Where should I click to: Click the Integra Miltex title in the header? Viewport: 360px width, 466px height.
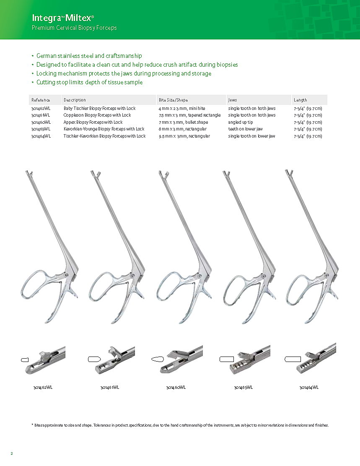pyautogui.click(x=63, y=18)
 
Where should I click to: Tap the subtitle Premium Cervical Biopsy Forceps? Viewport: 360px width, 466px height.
pyautogui.click(x=74, y=28)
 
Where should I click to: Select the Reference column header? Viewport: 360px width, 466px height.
pyautogui.click(x=41, y=100)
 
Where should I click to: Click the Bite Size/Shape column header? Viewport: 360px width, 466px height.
pyautogui.click(x=173, y=100)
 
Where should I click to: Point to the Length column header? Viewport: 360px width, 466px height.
pyautogui.click(x=300, y=100)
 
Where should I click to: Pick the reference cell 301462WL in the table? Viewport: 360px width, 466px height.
pyautogui.click(x=41, y=108)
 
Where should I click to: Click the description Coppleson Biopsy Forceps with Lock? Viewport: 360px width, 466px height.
pyautogui.click(x=97, y=115)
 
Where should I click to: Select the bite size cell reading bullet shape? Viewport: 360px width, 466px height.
pyautogui.click(x=183, y=122)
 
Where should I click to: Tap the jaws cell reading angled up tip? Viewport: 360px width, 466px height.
pyautogui.click(x=240, y=122)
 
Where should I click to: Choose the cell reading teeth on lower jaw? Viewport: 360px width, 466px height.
pyautogui.click(x=245, y=129)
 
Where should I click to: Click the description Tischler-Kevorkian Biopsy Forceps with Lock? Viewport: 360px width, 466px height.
pyautogui.click(x=104, y=136)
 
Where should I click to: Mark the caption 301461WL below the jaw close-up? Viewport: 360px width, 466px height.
pyautogui.click(x=110, y=387)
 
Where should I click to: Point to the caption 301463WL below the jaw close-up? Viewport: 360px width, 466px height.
pyautogui.click(x=243, y=387)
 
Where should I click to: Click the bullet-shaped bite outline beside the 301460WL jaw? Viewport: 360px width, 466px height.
pyautogui.click(x=158, y=359)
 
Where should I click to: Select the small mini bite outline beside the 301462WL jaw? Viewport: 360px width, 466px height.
pyautogui.click(x=25, y=360)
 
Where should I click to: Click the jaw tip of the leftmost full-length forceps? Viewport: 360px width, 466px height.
pyautogui.click(x=28, y=173)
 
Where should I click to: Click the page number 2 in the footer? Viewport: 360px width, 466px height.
pyautogui.click(x=12, y=453)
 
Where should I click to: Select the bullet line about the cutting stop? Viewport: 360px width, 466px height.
pyautogui.click(x=89, y=82)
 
